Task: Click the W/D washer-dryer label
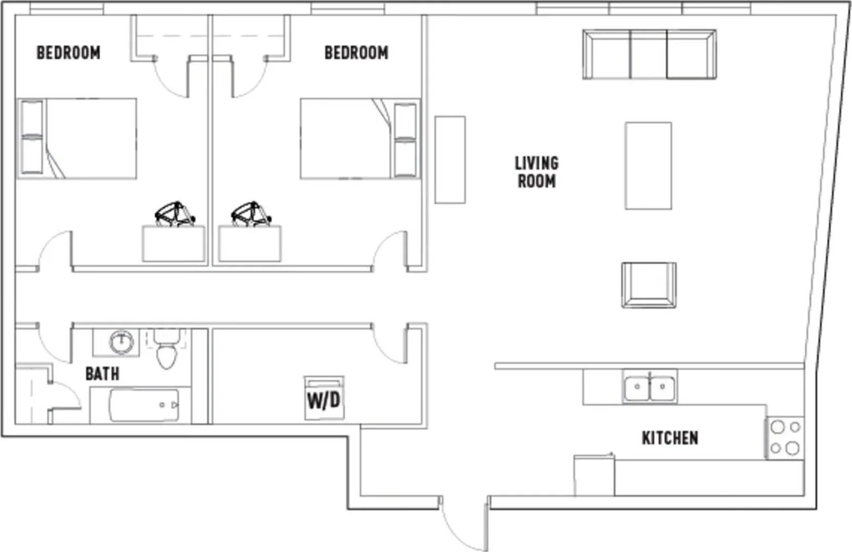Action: coord(324,400)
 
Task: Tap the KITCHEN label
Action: coord(670,438)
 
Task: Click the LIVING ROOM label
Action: coord(536,172)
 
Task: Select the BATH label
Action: coord(102,374)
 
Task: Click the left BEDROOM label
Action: coord(69,53)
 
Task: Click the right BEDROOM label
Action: coord(356,53)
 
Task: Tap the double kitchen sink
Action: coord(649,387)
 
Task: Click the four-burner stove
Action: coord(784,439)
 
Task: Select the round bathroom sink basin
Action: coord(121,342)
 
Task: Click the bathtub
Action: coord(144,405)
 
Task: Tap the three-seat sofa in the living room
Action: coord(649,54)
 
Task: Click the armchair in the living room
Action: coord(649,285)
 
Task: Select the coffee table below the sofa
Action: coord(648,166)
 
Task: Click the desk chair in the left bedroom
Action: coord(175,215)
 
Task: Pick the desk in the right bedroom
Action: coord(250,244)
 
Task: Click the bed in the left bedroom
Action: coord(77,139)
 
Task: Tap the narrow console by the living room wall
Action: coord(450,159)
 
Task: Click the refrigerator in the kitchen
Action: coord(594,475)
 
